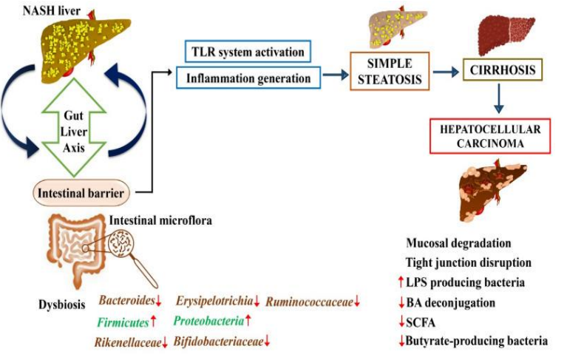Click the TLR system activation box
point(246,52)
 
